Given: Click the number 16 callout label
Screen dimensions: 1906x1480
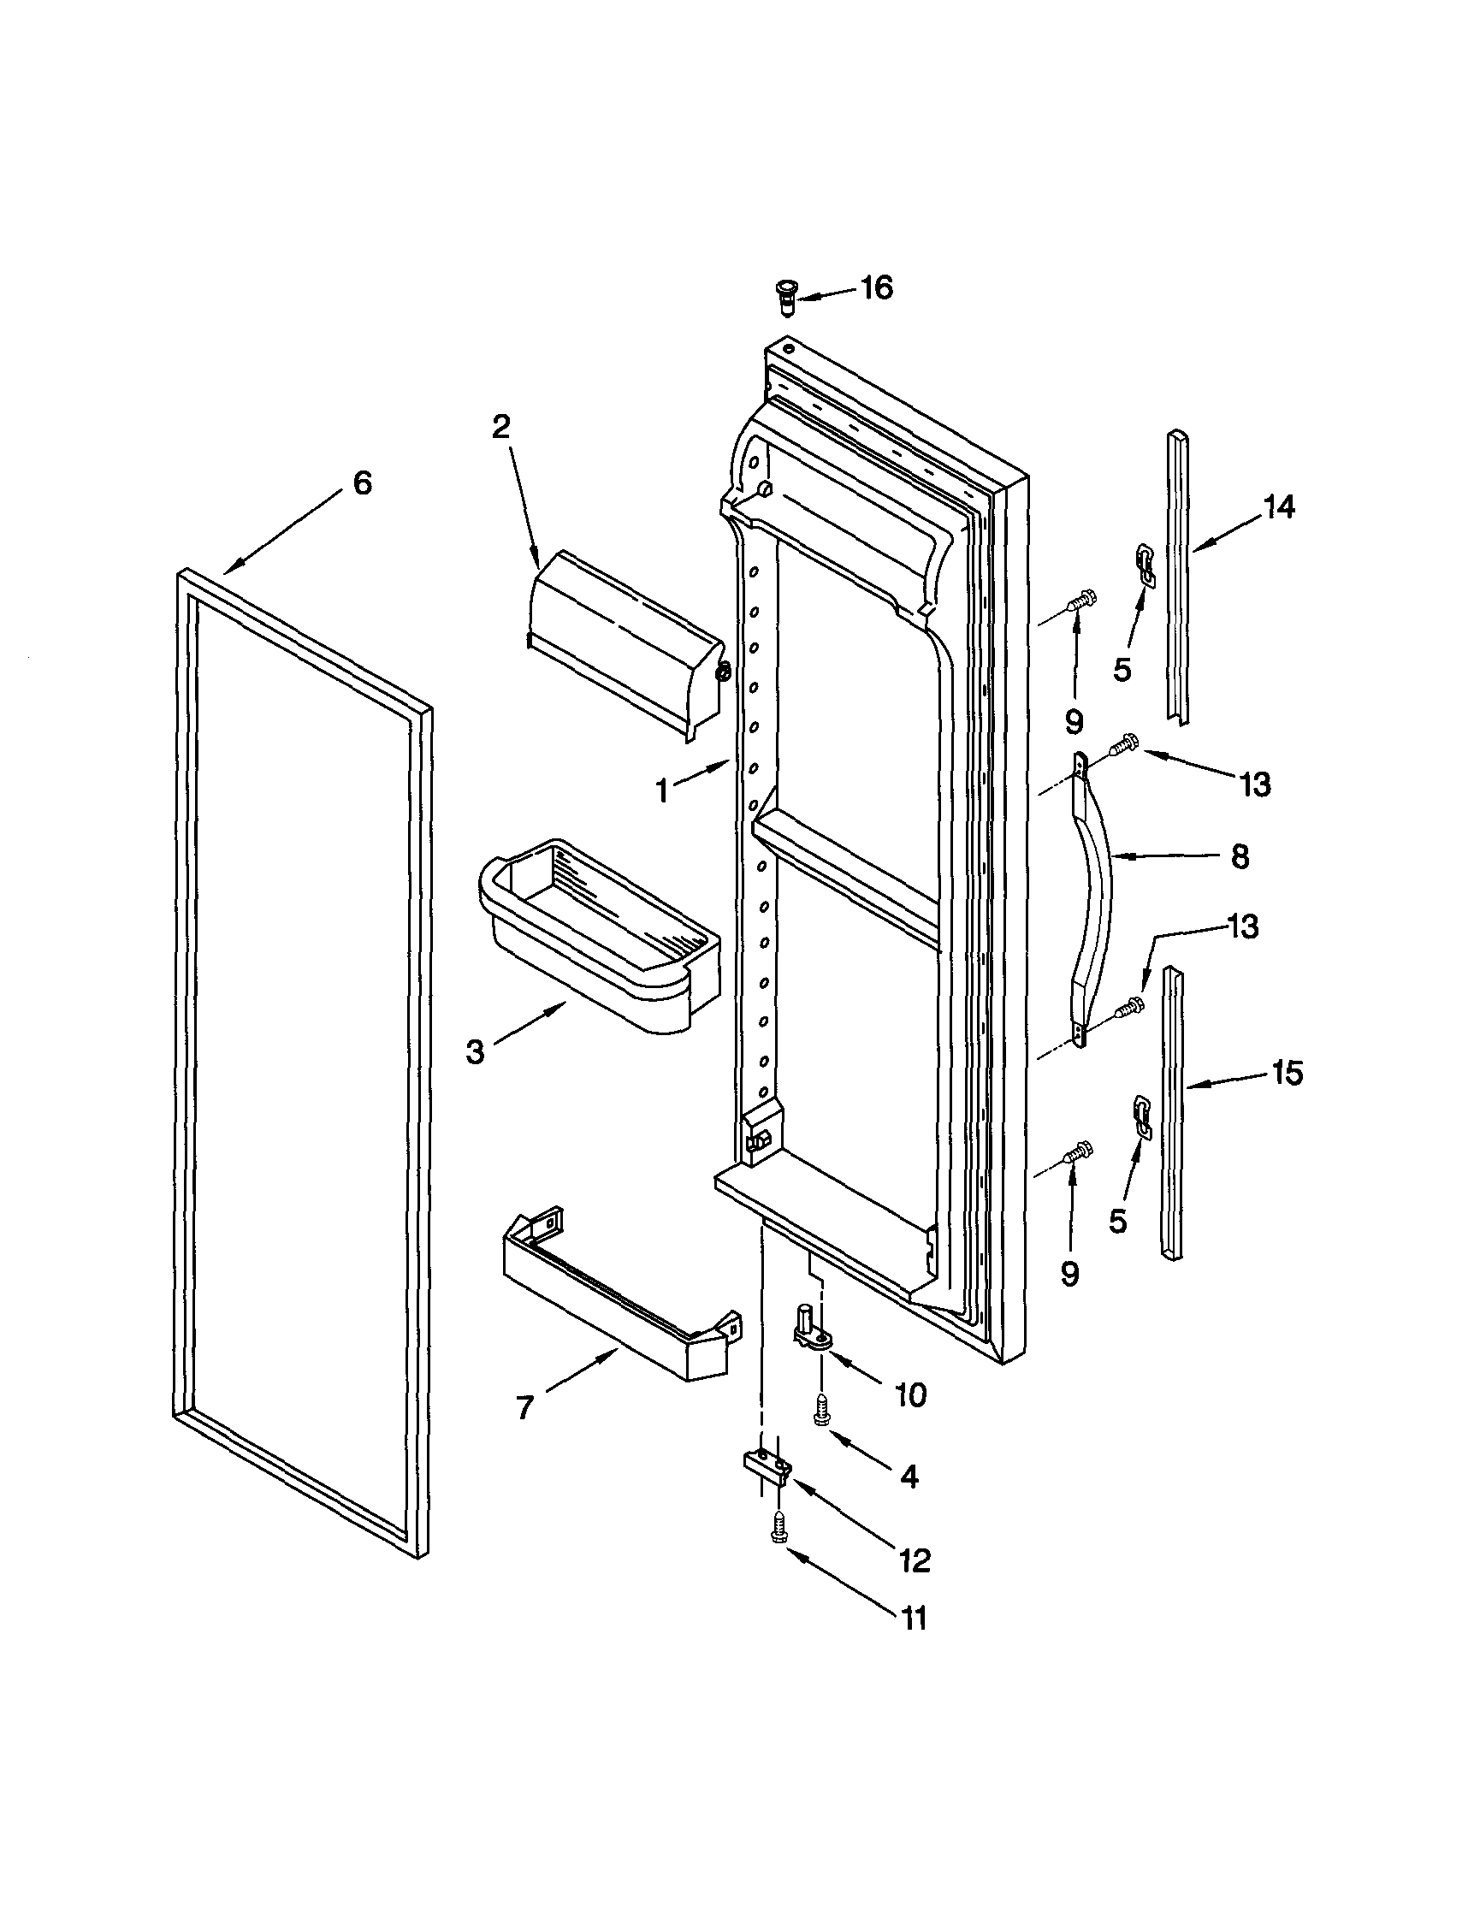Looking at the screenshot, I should coord(877,287).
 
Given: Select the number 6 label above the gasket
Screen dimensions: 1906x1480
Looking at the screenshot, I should coord(362,482).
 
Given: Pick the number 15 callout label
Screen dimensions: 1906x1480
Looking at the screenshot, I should coord(1288,1073).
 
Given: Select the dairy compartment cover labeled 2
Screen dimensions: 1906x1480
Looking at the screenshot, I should coord(624,642).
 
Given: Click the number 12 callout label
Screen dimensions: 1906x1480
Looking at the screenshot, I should coord(914,1560).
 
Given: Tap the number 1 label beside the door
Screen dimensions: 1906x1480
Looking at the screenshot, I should coord(663,790).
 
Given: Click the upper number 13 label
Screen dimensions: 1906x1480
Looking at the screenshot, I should coord(1255,784).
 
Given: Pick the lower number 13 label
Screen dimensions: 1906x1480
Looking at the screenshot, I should coord(1243,926).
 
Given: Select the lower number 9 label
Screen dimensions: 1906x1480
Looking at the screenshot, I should coord(1070,1273).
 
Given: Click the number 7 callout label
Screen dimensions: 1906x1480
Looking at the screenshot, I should coord(524,1406).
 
